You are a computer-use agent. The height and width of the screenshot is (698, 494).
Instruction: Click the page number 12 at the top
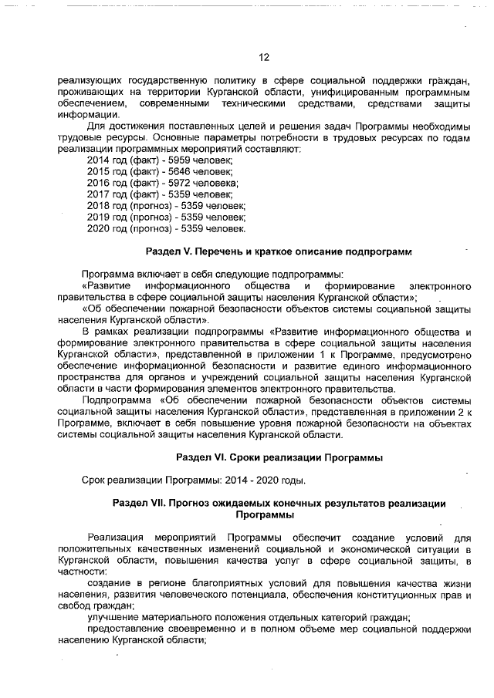pos(263,57)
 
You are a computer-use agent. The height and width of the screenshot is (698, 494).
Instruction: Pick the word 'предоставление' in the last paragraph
pos(126,630)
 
